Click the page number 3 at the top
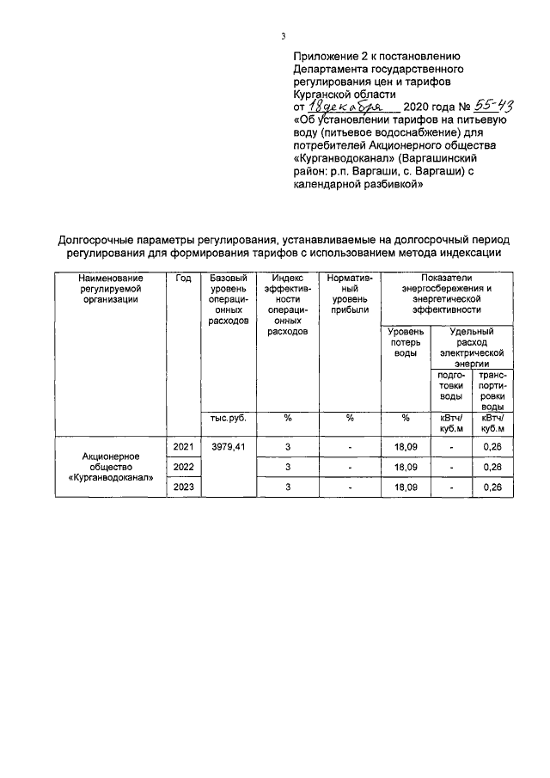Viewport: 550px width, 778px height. [x=283, y=35]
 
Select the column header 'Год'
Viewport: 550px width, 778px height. [x=183, y=279]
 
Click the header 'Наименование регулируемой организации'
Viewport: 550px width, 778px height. [x=111, y=289]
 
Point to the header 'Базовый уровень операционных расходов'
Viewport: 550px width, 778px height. [x=229, y=299]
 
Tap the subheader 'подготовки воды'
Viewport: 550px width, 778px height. [x=452, y=385]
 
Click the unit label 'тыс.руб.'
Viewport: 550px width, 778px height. [x=229, y=418]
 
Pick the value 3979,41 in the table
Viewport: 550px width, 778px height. [x=229, y=447]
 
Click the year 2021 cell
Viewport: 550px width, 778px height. [x=183, y=447]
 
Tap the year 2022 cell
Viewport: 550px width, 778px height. [x=183, y=467]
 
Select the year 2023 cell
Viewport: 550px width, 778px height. [x=183, y=487]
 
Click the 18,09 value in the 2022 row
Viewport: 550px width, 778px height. [x=406, y=467]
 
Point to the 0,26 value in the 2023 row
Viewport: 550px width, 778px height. [x=492, y=487]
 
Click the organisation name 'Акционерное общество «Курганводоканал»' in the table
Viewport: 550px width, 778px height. [x=111, y=467]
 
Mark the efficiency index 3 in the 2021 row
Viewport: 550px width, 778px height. [x=288, y=447]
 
